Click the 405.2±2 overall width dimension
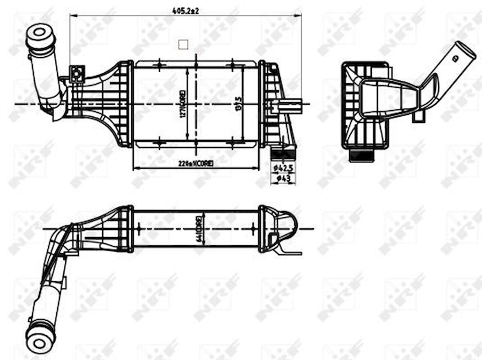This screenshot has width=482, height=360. pos(185,11)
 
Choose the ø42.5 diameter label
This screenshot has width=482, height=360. pos(283,168)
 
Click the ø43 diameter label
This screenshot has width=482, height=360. pos(283,178)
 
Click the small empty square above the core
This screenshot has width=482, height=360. pos(184,44)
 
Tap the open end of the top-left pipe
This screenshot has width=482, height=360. pos(40,33)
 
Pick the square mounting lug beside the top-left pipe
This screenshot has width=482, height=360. pos(77,74)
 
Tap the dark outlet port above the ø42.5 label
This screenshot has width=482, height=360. pos(283,154)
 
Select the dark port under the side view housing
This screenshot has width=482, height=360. pos(361,156)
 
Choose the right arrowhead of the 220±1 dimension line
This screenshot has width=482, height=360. pos(257,168)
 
